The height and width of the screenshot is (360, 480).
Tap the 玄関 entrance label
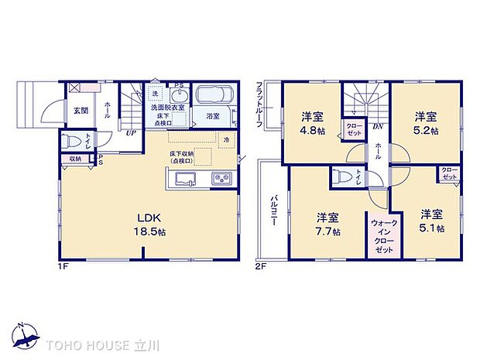81,111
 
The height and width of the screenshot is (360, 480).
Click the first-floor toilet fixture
74,142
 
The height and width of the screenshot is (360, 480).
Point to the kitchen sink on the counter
185,180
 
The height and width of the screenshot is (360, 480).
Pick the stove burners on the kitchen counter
220,180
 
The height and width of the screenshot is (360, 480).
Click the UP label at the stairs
132,132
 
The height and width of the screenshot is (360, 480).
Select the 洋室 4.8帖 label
312,124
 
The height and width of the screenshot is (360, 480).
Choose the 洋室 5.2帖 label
424,124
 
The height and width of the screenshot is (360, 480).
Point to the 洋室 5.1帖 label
432,220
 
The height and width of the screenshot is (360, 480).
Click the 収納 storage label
74,159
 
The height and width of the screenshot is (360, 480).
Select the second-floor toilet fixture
341,177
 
